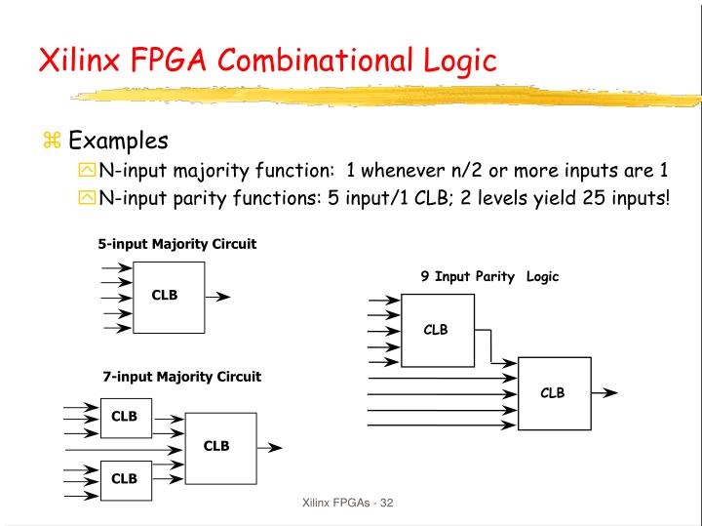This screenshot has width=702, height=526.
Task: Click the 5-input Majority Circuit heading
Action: (x=176, y=244)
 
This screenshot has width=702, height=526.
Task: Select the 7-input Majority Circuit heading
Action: (x=182, y=376)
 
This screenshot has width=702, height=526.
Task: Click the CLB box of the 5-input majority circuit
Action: (x=168, y=297)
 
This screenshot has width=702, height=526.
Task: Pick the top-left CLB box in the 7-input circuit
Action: (x=124, y=417)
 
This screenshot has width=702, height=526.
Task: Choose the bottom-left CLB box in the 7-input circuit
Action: (x=124, y=478)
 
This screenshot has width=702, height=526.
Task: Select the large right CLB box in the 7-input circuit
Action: (x=219, y=447)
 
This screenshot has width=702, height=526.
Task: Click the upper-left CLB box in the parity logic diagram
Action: (x=437, y=330)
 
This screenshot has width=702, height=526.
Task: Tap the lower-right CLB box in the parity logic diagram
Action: (x=554, y=392)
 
